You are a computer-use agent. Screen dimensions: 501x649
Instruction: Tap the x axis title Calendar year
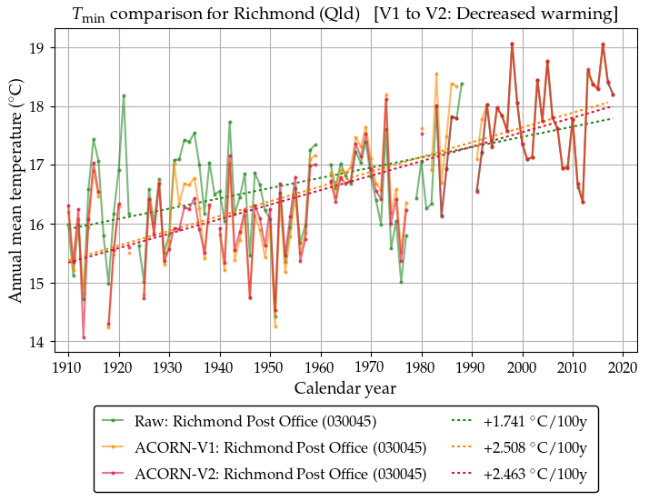344,388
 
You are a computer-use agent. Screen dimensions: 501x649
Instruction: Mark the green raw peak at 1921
124,95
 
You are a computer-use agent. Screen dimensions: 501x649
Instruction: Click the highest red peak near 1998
513,44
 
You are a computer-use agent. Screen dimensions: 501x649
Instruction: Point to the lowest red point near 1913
84,337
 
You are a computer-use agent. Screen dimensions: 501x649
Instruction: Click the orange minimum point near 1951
275,326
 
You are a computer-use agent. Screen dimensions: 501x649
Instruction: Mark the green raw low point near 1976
401,282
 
